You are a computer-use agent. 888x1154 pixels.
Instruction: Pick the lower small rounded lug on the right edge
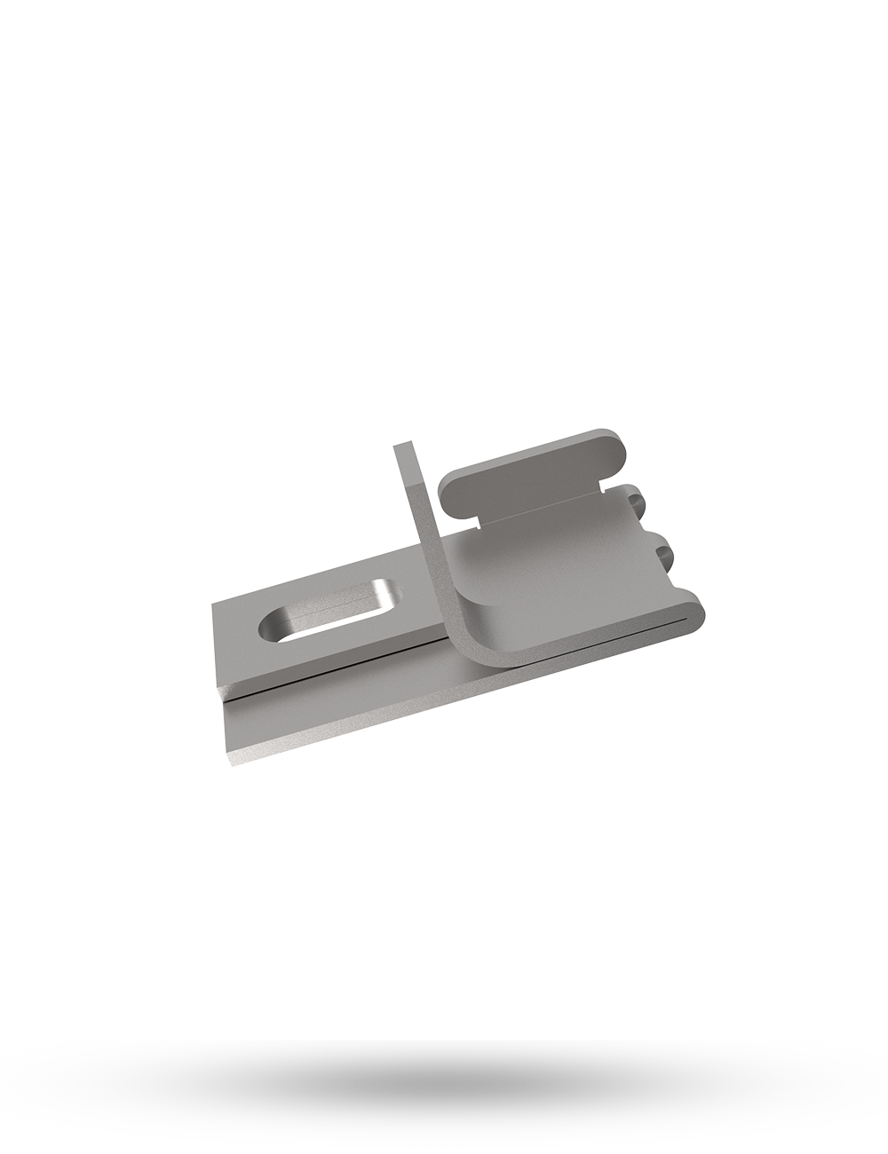click(668, 551)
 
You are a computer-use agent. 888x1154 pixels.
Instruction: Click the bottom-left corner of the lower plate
click(234, 761)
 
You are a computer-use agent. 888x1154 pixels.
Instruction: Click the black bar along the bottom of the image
click(444, 1096)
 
